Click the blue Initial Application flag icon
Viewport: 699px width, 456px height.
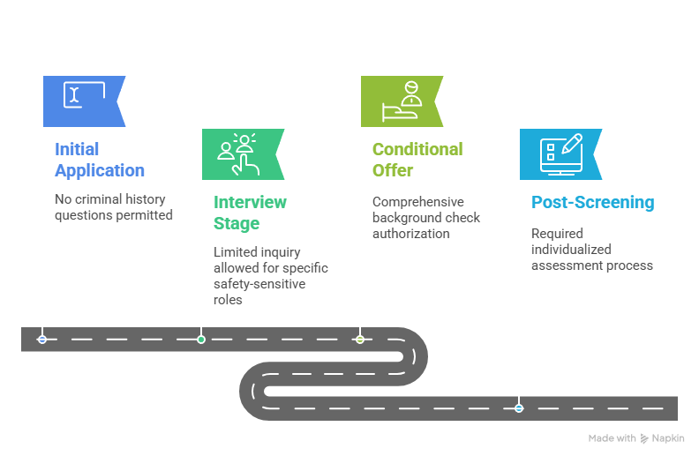click(84, 101)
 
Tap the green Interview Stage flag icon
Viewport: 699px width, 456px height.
click(243, 154)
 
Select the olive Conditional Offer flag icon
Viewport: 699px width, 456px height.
click(402, 101)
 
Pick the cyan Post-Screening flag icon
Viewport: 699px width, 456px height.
click(560, 154)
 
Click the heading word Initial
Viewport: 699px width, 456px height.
click(77, 149)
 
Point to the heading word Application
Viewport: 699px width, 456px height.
click(100, 170)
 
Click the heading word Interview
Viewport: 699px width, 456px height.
click(250, 202)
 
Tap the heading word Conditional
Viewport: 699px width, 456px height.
click(417, 149)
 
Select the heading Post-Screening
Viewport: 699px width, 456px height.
click(593, 202)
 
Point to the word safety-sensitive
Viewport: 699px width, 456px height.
click(259, 284)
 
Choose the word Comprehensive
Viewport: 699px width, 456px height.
click(418, 202)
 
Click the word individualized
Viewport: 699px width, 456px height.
click(571, 250)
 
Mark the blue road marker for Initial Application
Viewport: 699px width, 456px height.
click(42, 340)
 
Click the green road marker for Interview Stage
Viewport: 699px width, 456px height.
click(201, 340)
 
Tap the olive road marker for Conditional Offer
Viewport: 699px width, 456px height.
click(360, 340)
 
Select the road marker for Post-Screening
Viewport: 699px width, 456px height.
click(519, 408)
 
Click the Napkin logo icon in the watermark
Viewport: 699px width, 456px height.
click(644, 438)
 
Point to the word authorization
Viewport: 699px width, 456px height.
click(411, 234)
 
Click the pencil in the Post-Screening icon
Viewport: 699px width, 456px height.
click(572, 144)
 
